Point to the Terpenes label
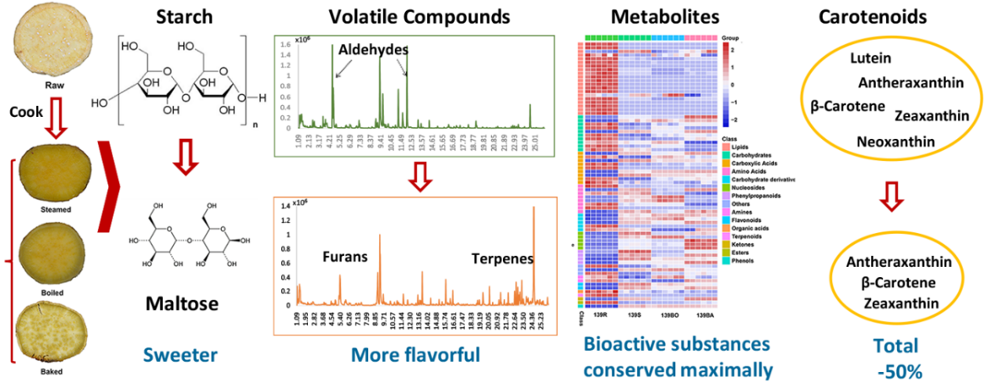tap(502, 258)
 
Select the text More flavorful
tap(415, 356)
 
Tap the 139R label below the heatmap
tap(602, 315)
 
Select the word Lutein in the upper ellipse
tap(870, 58)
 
